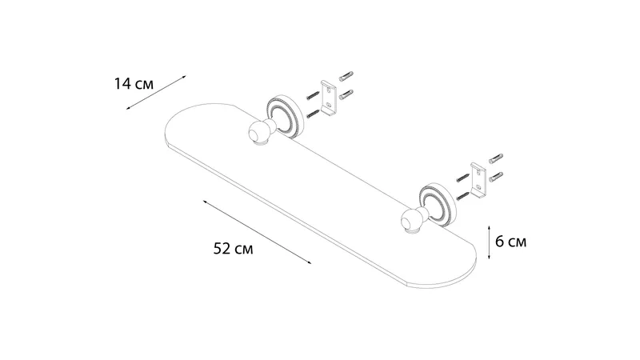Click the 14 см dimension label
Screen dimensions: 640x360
tap(134, 84)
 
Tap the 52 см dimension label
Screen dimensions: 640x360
tap(233, 249)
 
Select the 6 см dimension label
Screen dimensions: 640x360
tap(510, 242)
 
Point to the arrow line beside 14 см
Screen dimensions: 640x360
tap(156, 93)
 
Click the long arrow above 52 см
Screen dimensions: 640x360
tap(257, 232)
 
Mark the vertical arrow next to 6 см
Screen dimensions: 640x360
tap(489, 242)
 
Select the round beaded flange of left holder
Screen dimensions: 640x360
tap(284, 116)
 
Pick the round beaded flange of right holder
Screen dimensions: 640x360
tap(438, 205)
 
